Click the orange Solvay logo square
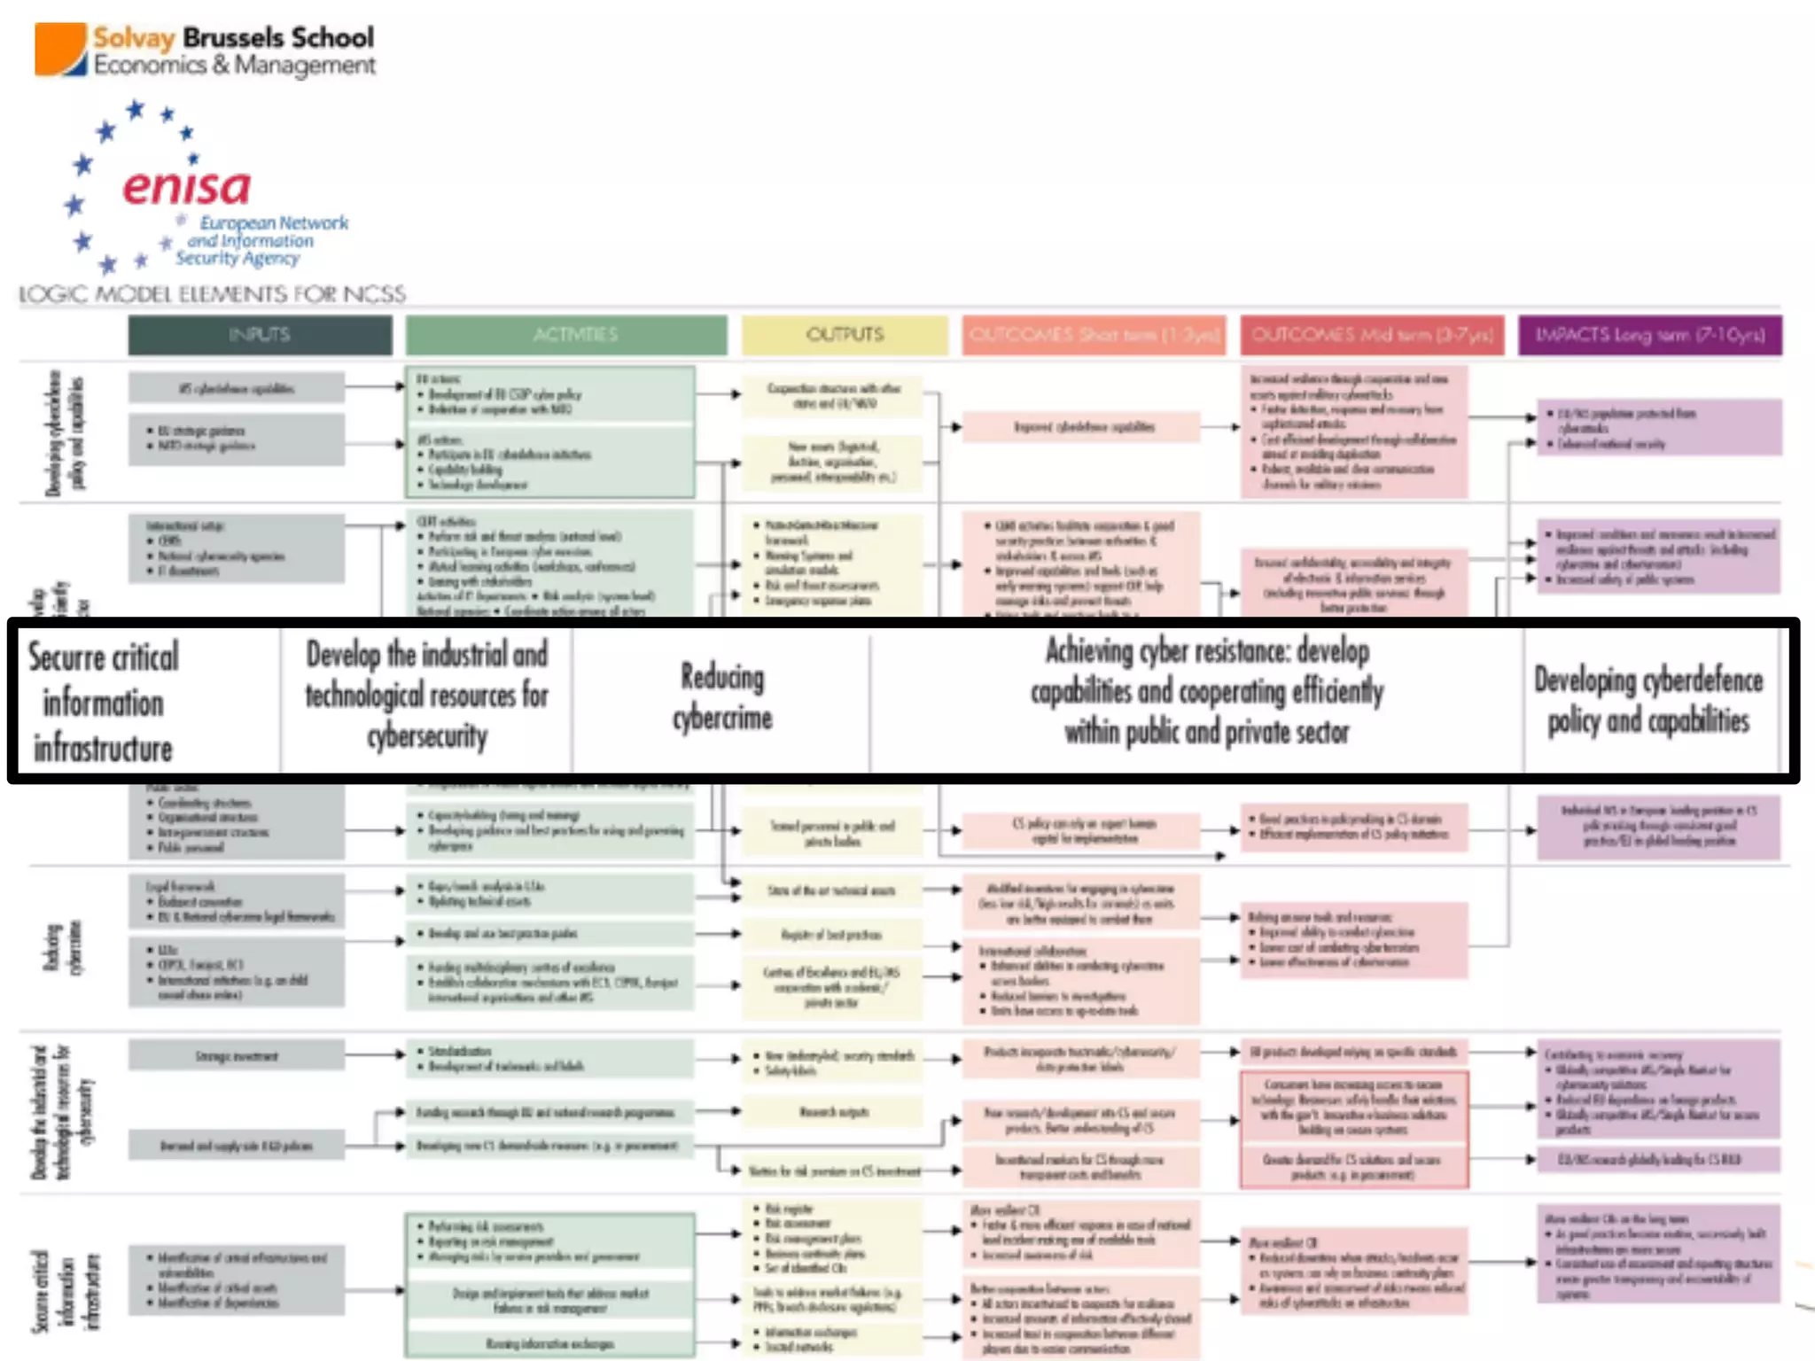click(x=60, y=49)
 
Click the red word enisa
click(x=187, y=188)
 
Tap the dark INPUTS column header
click(x=260, y=335)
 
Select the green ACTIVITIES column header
click(x=566, y=335)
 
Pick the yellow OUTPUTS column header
click(x=845, y=335)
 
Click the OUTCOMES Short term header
click(x=1094, y=335)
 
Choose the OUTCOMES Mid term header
click(x=1372, y=335)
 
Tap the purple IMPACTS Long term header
click(x=1649, y=335)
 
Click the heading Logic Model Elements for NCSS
click(x=213, y=294)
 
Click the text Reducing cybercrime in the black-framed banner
click(x=722, y=697)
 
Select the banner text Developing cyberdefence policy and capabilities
click(x=1648, y=700)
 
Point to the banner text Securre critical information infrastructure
click(x=104, y=702)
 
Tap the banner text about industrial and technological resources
click(x=427, y=696)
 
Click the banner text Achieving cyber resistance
click(x=1207, y=691)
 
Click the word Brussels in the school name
click(x=234, y=38)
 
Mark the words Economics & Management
click(x=235, y=66)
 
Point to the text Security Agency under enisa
click(x=238, y=258)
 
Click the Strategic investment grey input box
click(x=237, y=1056)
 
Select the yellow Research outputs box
click(x=833, y=1112)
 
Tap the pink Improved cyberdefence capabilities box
click(x=1083, y=427)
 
